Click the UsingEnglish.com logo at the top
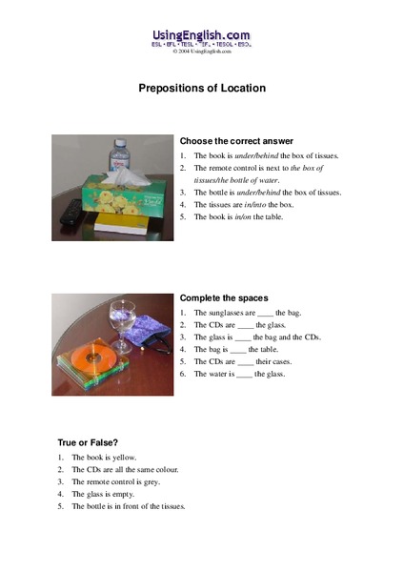click(x=202, y=35)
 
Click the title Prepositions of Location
click(x=202, y=88)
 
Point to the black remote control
click(x=68, y=214)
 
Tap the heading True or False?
click(x=86, y=443)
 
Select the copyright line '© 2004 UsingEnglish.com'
click(x=202, y=52)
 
